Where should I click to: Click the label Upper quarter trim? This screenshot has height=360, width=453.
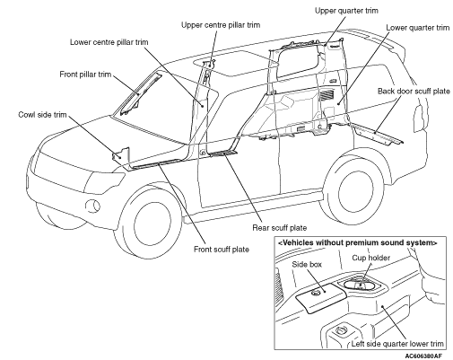(x=346, y=11)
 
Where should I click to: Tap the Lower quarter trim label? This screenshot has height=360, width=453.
(x=418, y=28)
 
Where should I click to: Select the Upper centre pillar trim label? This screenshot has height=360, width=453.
(x=221, y=25)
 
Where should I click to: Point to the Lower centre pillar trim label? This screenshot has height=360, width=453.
(x=109, y=42)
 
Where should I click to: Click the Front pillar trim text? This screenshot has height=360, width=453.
(x=85, y=75)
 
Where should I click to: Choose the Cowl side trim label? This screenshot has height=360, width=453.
(x=42, y=115)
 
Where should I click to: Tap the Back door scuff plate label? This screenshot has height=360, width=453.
(x=414, y=92)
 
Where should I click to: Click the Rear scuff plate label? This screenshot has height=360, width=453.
(x=280, y=228)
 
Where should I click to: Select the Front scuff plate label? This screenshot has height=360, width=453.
(x=222, y=250)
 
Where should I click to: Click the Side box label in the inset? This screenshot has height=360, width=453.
(x=307, y=265)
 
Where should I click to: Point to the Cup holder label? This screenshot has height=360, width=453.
(x=370, y=258)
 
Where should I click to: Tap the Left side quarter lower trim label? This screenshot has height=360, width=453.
(x=397, y=344)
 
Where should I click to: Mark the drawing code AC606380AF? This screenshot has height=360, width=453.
(x=423, y=356)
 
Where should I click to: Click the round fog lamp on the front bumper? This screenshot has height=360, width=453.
(x=92, y=206)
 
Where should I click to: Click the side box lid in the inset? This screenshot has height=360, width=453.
(x=321, y=297)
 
